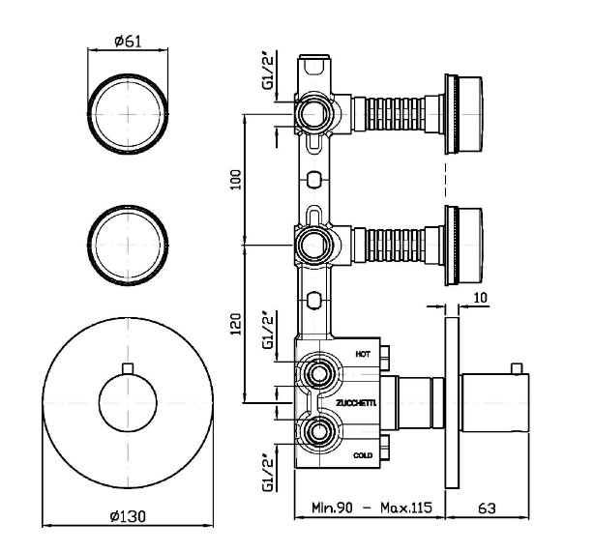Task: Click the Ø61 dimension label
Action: (x=129, y=41)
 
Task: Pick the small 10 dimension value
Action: (x=482, y=299)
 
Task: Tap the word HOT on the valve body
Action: (x=363, y=355)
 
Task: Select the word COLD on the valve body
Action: (x=363, y=454)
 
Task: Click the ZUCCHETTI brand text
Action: (x=357, y=401)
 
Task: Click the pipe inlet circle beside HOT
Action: (x=316, y=373)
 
